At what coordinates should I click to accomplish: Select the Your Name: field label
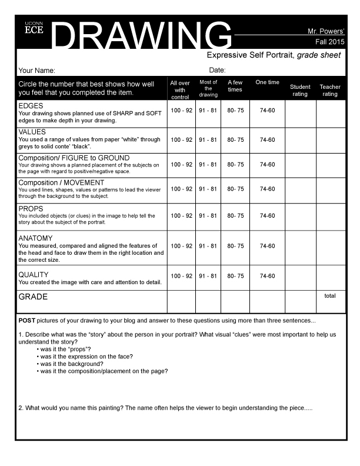pos(36,70)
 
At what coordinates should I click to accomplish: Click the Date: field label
pos(217,70)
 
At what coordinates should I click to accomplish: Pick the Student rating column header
pos(300,90)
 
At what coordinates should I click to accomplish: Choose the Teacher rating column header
pos(330,90)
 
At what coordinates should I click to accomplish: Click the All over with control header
pos(180,90)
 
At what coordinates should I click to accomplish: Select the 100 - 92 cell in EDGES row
pos(181,110)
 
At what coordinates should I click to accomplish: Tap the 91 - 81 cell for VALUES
pos(208,140)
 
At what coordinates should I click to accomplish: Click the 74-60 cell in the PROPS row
pos(267,216)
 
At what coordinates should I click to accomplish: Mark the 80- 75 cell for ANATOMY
pos(235,246)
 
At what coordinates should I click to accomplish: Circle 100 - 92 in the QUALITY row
pos(181,276)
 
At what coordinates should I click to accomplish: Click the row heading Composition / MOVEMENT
pos(61,182)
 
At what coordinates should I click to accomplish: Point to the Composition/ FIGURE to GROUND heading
pos(74,158)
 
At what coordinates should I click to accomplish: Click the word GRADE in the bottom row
pos(33,297)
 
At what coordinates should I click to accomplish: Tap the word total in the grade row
pos(330,296)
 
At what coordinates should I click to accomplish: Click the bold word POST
pos(26,321)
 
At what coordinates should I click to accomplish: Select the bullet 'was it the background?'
pos(71,364)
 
